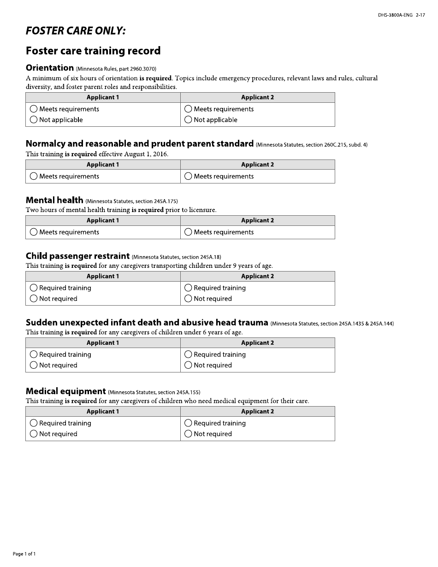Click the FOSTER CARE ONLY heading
tap(76, 31)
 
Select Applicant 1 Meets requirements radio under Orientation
tap(34, 109)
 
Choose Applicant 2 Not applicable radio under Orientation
tap(188, 120)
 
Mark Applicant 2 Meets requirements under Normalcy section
tap(188, 177)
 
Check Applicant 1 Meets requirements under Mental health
tap(34, 232)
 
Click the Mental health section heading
tap(54, 200)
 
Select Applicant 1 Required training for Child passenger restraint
tap(34, 288)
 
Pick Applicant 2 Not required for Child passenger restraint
tap(188, 299)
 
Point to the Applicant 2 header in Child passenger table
tap(257, 277)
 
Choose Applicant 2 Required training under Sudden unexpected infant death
tap(188, 354)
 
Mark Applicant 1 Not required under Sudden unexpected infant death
tap(34, 366)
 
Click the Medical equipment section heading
tap(65, 391)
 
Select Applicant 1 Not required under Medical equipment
tap(34, 434)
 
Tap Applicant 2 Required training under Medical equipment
tap(188, 423)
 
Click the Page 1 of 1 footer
tap(24, 554)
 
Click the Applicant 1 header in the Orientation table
tap(103, 97)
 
